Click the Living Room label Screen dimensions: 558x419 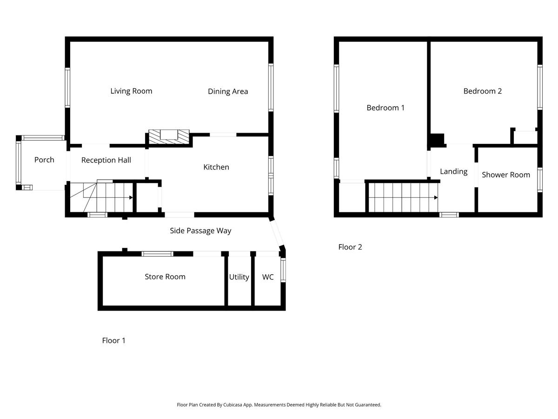click(x=131, y=91)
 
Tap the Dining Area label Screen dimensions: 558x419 click(x=228, y=91)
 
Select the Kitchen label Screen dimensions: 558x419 click(x=216, y=167)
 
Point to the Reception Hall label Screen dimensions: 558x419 click(x=106, y=160)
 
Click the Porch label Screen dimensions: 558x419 click(x=44, y=160)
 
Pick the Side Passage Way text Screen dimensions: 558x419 click(x=200, y=231)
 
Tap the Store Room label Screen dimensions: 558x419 click(x=165, y=277)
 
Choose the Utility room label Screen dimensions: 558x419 click(x=239, y=277)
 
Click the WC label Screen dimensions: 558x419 click(x=268, y=277)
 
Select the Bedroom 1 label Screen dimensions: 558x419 click(x=385, y=108)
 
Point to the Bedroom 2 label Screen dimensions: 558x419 click(x=483, y=91)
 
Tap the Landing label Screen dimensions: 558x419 click(x=453, y=171)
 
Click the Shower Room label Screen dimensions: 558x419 click(x=505, y=175)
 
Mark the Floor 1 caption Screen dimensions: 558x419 click(x=113, y=340)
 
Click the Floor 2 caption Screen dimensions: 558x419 click(x=350, y=247)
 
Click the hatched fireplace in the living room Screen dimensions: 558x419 click(x=169, y=137)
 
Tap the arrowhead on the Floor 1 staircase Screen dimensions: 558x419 click(x=131, y=197)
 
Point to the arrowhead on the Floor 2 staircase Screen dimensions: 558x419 click(x=436, y=197)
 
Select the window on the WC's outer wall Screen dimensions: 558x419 click(x=283, y=270)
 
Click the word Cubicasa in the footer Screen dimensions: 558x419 click(x=232, y=405)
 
